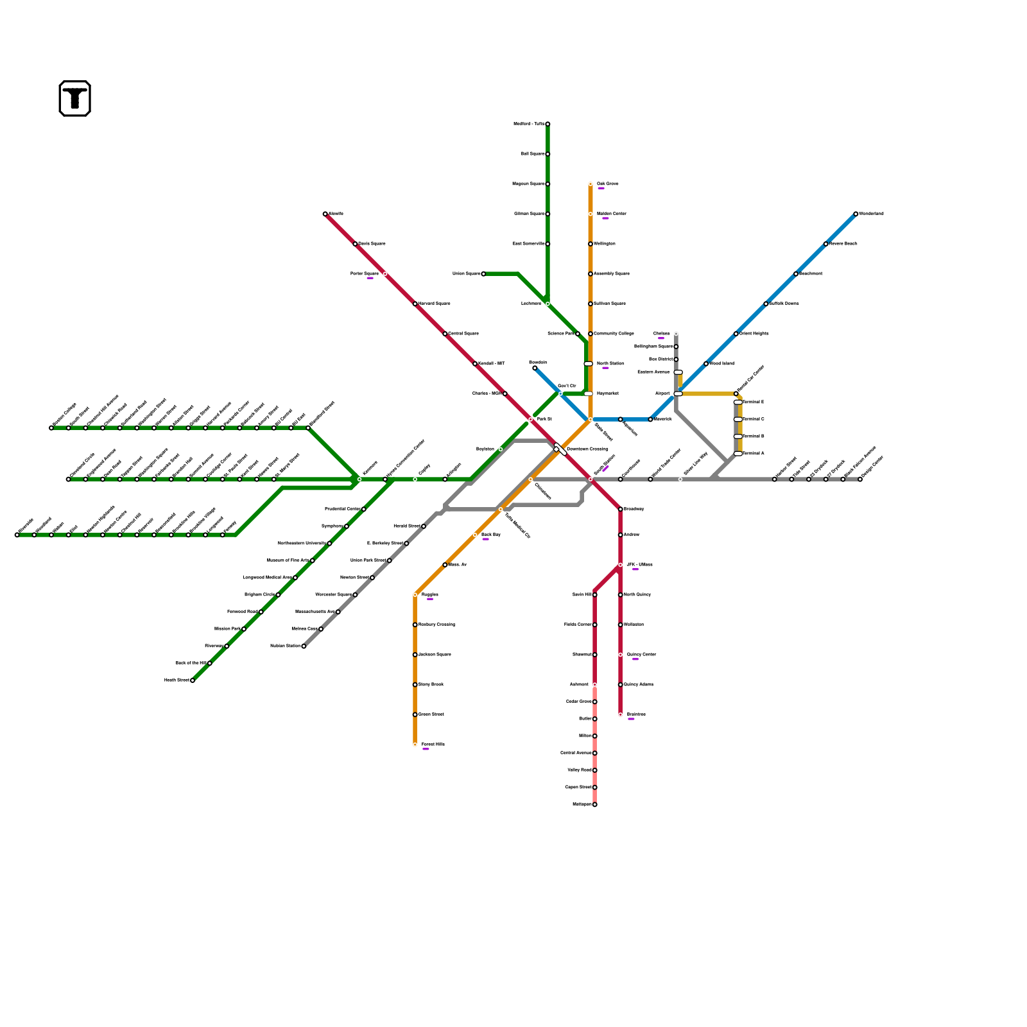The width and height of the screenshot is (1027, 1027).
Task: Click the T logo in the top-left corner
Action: click(75, 99)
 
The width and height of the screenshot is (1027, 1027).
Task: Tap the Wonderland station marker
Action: click(856, 214)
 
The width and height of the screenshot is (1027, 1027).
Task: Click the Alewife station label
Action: click(336, 214)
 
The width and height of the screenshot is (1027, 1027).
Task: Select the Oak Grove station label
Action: click(607, 184)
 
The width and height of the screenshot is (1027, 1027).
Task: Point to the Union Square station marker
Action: click(483, 274)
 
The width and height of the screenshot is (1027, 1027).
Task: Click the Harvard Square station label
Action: click(434, 304)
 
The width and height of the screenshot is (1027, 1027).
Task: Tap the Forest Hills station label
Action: click(433, 745)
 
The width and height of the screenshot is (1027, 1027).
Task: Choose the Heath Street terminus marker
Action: click(193, 680)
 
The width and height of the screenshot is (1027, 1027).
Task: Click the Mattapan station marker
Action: click(595, 804)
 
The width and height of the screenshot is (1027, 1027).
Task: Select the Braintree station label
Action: click(636, 714)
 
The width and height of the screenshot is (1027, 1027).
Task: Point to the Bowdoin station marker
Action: click(535, 368)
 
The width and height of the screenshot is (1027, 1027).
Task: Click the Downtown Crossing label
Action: click(587, 449)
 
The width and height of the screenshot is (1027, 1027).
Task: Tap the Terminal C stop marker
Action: click(738, 419)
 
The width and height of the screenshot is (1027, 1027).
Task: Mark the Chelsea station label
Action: click(661, 334)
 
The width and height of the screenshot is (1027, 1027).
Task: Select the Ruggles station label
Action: click(429, 595)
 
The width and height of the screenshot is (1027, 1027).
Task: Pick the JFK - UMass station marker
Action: click(620, 565)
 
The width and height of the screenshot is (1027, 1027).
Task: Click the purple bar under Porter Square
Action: click(370, 279)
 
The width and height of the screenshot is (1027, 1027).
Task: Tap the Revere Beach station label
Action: click(843, 244)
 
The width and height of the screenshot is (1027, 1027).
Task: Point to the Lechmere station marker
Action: click(548, 304)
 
